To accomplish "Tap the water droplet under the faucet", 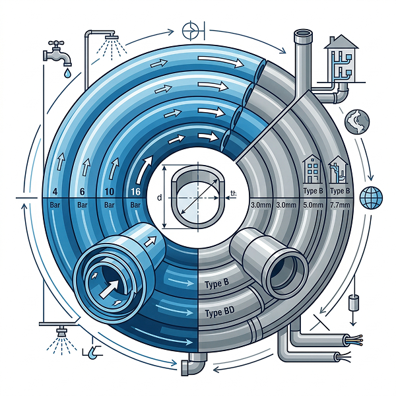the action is [67, 73].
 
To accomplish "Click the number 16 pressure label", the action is [135, 191].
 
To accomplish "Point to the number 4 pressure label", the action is [55, 191].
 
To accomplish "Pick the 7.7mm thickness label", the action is [340, 205].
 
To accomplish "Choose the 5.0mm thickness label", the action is [313, 205].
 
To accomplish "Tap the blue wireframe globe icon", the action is [371, 198].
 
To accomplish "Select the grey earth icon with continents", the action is [357, 121].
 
